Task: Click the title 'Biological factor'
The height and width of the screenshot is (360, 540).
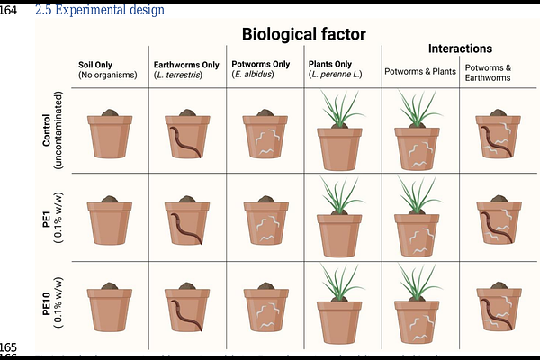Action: (304, 34)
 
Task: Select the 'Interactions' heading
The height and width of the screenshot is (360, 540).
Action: (460, 49)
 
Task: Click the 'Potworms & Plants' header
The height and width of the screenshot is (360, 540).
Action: (420, 71)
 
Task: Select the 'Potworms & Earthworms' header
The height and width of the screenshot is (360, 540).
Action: (488, 73)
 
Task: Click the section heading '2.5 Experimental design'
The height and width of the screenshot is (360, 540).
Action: (100, 10)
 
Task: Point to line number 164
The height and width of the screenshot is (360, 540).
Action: (8, 10)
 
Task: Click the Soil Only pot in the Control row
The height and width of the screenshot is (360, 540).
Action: (110, 134)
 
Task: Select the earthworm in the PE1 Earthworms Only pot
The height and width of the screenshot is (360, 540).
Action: (186, 229)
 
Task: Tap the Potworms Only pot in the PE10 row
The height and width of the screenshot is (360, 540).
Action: (266, 307)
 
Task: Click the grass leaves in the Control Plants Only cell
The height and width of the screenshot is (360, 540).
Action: (341, 108)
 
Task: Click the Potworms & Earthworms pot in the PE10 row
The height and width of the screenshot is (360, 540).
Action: (499, 306)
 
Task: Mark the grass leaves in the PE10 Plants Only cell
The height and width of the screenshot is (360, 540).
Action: (341, 282)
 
